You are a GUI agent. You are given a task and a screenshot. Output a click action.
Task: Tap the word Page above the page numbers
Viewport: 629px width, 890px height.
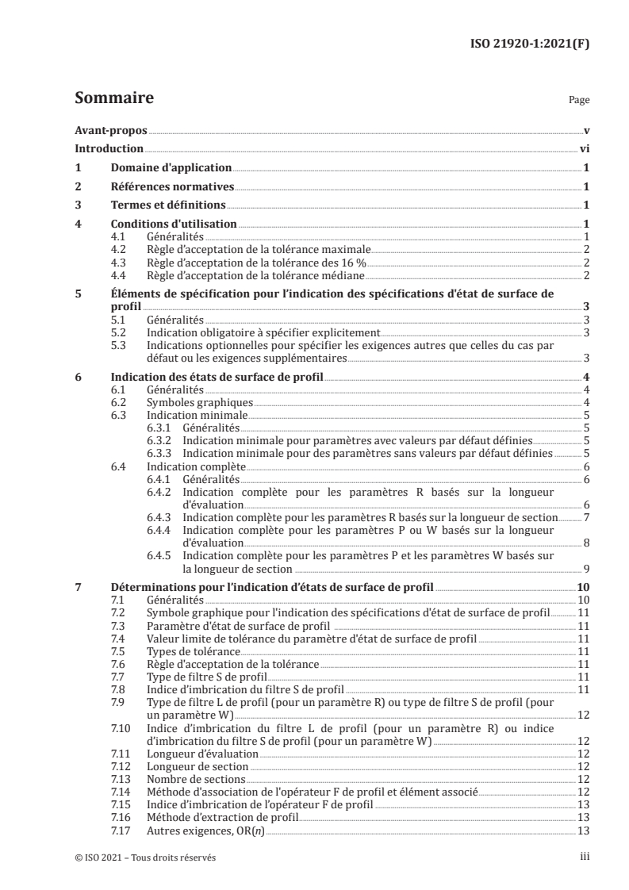tap(579, 102)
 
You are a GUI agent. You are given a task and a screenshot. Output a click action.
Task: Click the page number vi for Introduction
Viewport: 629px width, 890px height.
tap(583, 149)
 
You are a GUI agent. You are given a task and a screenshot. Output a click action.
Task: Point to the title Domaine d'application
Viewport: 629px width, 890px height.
tap(171, 168)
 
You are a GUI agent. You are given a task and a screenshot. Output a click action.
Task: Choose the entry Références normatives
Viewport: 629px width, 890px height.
tap(172, 187)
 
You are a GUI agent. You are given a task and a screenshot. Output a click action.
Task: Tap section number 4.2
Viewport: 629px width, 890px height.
tap(119, 249)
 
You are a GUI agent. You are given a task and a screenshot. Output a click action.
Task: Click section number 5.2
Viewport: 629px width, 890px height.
tap(119, 334)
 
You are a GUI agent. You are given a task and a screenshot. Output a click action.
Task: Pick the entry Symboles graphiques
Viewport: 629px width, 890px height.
tap(189, 402)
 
